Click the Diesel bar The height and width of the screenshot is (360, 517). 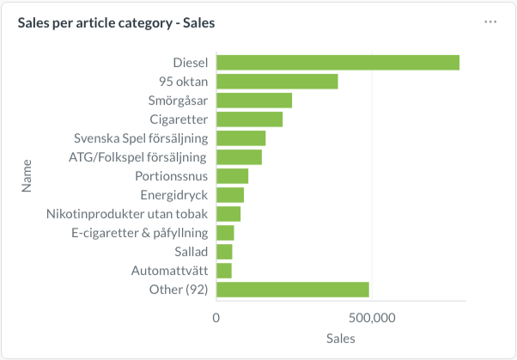(x=338, y=63)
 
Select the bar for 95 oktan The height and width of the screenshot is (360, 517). (x=277, y=82)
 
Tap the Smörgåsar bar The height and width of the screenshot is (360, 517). (x=254, y=101)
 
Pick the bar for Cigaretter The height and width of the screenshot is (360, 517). (x=249, y=119)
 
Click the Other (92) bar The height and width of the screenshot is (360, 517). (x=292, y=290)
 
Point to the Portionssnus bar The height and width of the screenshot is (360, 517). (x=232, y=176)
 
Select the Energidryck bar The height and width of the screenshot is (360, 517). (x=230, y=195)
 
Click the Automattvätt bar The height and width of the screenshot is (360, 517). (x=223, y=271)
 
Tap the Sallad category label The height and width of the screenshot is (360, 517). (x=189, y=252)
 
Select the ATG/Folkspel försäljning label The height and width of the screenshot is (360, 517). (x=137, y=157)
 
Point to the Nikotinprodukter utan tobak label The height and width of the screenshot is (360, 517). (x=126, y=214)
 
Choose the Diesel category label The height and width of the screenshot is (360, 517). (x=190, y=63)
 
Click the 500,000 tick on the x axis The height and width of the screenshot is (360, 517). (x=373, y=318)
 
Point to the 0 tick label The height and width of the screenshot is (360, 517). (x=216, y=318)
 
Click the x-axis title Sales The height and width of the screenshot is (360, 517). (x=341, y=339)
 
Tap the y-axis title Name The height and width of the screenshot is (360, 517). (x=27, y=175)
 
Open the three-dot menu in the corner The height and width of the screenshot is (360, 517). (x=490, y=22)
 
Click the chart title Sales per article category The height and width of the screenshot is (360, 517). (x=116, y=23)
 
